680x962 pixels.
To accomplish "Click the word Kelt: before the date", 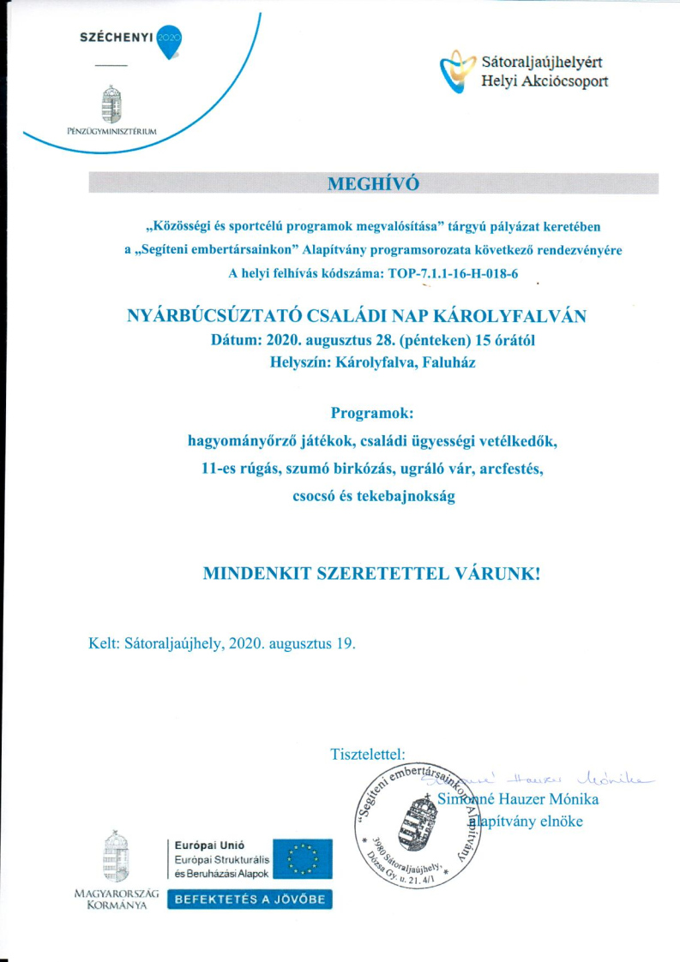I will point(104,643).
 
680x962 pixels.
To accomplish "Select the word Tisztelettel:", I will point(367,754).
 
